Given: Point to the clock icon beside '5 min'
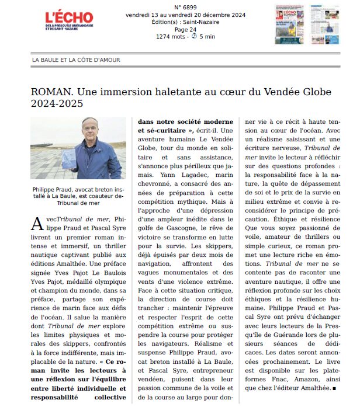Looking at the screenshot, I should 194,36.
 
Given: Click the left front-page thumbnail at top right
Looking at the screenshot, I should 289,24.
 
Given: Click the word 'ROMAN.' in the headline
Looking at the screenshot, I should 51,93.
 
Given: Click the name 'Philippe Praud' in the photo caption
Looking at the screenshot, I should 56,188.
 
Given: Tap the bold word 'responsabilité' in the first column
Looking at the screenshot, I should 57,397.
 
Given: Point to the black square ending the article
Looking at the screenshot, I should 333,388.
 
